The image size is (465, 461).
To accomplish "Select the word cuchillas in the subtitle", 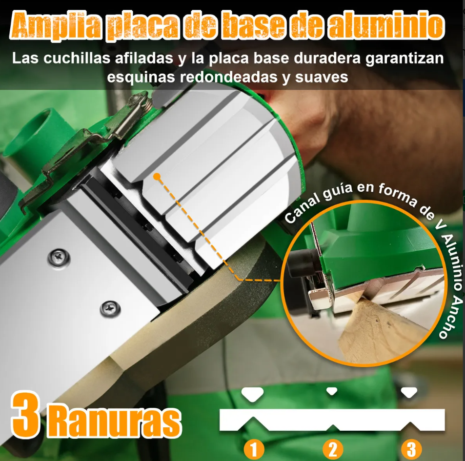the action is coord(77,58).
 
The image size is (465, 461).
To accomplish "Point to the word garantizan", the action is coord(404,59).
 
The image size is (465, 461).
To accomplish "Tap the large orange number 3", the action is coord(25,415).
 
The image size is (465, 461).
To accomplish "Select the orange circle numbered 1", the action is coord(254,449).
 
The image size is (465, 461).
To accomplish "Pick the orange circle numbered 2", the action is coord(333,449).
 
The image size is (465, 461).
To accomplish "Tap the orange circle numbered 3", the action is coord(411,449).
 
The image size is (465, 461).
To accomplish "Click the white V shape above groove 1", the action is coord(252,394).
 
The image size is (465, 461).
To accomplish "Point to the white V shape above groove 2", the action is coord(331,391).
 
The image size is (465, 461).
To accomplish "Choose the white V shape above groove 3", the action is coord(409,392).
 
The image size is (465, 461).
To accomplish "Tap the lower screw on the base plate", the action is coord(110,309).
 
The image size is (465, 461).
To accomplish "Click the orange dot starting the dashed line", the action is coord(157,177).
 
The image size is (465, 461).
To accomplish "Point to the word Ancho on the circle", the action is coord(449,319).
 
